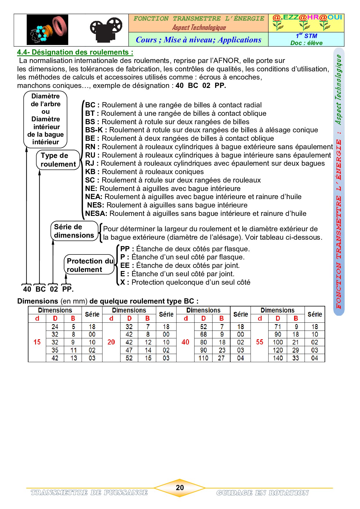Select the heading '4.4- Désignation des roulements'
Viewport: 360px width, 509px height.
tap(75, 52)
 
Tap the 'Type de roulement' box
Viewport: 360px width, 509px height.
tap(58, 160)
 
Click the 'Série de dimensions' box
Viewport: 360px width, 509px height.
tap(74, 231)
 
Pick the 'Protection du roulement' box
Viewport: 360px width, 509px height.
tap(89, 265)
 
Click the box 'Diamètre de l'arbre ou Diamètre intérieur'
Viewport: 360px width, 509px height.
tap(46, 119)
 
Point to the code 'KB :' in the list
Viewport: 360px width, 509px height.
tap(92, 172)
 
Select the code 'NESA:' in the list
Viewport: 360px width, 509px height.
tap(96, 214)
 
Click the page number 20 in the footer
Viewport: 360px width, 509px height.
tap(180, 488)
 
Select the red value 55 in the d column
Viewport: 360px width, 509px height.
tap(260, 342)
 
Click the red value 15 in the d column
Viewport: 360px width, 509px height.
tap(37, 342)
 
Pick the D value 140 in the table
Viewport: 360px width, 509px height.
tap(278, 358)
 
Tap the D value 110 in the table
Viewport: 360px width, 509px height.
tap(204, 358)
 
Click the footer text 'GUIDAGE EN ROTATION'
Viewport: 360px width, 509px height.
tap(262, 493)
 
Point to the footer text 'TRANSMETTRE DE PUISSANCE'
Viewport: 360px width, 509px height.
tap(89, 492)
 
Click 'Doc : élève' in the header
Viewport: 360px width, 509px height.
tap(306, 43)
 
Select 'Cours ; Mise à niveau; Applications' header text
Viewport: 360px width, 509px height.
tap(199, 40)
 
